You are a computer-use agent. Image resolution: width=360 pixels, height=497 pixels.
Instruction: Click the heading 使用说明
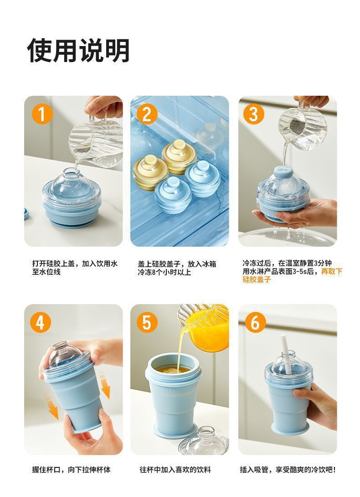point(78,51)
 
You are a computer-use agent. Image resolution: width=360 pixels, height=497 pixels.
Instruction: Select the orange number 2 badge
point(147,114)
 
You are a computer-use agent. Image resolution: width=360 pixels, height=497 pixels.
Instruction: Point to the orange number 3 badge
point(254,114)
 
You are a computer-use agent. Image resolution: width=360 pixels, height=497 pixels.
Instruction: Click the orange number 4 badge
point(41,322)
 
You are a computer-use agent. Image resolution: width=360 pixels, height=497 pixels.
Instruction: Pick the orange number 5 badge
point(147,322)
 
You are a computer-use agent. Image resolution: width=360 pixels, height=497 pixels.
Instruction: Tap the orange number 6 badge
point(255,322)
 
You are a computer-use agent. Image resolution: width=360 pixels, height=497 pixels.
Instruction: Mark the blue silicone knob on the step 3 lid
point(283,172)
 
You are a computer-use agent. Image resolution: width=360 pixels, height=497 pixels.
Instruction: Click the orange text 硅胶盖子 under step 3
point(257,279)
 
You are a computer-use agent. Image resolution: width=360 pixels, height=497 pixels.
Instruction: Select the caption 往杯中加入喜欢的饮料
point(175,470)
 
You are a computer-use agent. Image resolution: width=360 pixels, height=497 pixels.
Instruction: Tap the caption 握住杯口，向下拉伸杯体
point(71,470)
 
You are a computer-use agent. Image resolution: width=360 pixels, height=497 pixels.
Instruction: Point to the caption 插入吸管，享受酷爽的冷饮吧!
point(288,470)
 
